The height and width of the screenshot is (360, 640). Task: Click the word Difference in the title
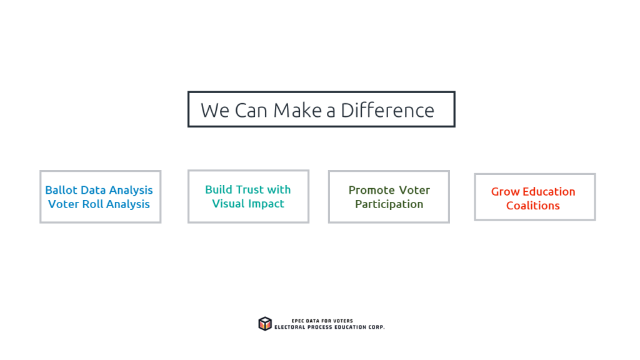click(x=387, y=110)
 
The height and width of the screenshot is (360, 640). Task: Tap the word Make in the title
click(x=297, y=110)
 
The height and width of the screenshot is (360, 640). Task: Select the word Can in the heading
click(x=251, y=110)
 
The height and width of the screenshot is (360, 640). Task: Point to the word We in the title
click(x=215, y=110)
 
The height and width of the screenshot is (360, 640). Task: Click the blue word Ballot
click(x=61, y=190)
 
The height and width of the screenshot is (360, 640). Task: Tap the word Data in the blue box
click(x=93, y=190)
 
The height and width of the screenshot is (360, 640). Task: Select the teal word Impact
click(x=266, y=204)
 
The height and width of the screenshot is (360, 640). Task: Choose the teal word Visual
click(x=228, y=204)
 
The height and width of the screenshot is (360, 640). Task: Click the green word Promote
click(x=372, y=190)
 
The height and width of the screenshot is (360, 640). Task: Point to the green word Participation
click(x=389, y=204)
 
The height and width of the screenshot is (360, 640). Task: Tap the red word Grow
click(x=505, y=192)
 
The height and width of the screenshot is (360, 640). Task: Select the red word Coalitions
click(x=533, y=206)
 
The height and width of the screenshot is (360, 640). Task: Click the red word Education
click(x=549, y=192)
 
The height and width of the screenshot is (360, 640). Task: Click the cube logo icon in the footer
click(x=265, y=324)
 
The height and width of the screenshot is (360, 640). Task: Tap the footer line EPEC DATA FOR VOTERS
click(x=322, y=321)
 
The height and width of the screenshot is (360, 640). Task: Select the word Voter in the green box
click(x=414, y=190)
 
